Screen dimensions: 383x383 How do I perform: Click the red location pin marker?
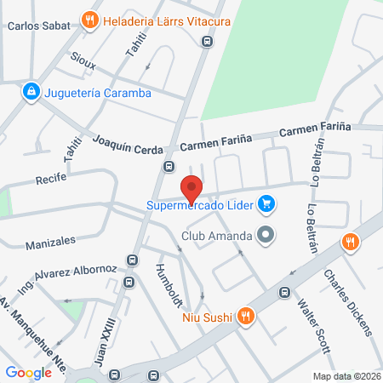point(191,188)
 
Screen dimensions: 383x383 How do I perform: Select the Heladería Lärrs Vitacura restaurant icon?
point(89,19)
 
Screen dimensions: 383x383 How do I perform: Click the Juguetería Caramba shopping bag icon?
point(31,90)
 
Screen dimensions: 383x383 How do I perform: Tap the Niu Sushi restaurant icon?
point(245,317)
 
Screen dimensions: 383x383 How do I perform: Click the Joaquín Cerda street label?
point(128,146)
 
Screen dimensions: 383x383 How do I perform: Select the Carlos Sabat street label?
point(31,26)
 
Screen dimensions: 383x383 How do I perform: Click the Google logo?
point(28,372)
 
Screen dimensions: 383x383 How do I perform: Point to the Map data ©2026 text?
point(346,376)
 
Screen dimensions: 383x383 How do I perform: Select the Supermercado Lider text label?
point(202,204)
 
